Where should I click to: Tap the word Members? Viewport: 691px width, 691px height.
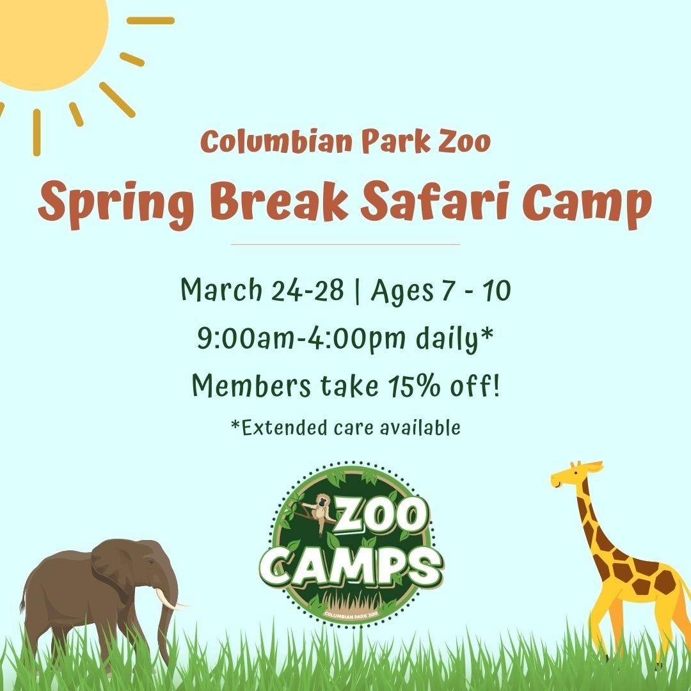tap(251, 385)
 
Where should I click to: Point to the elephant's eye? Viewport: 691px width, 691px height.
tap(151, 562)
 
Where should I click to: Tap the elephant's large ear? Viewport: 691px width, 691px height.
tap(115, 566)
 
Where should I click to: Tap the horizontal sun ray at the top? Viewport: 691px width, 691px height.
tap(150, 20)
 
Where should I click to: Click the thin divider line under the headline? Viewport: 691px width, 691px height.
tap(345, 244)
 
